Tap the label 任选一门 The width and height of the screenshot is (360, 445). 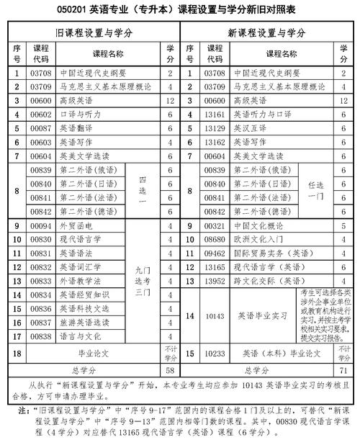[315, 190]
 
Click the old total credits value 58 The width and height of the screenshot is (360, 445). [170, 369]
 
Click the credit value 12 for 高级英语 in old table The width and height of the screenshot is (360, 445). [170, 99]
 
